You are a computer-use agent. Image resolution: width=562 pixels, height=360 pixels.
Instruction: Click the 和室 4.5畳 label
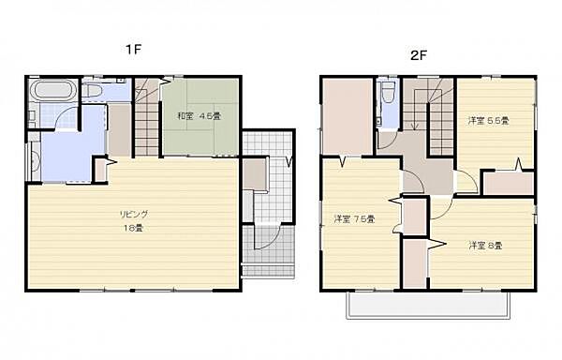coord(199,116)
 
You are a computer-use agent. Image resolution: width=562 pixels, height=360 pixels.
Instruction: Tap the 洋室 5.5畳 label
coord(488,120)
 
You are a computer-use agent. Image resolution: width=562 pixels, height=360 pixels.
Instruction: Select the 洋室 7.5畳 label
coord(354,219)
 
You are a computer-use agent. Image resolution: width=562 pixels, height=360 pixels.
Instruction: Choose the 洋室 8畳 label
coord(485,246)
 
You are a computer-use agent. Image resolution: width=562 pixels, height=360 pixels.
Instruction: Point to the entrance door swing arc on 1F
coord(265,239)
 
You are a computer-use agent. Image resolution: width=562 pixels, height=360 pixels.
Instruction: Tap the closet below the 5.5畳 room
coord(508,183)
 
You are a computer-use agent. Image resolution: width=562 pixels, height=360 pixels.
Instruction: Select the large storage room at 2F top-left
coord(347,117)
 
